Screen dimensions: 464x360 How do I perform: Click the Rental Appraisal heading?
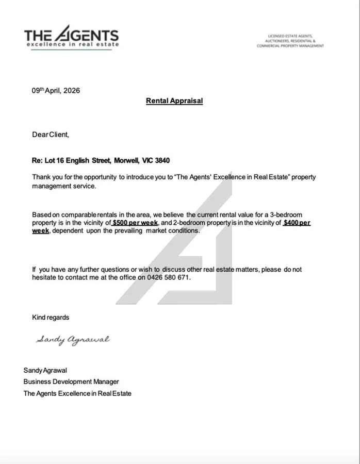tap(174, 101)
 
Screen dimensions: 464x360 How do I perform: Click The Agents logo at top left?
tap(71, 36)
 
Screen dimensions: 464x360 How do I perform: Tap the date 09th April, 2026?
tap(56, 90)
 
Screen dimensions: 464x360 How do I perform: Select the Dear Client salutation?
tap(50, 135)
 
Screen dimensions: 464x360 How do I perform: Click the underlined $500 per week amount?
tap(135, 223)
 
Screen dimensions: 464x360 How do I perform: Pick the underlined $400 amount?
tap(297, 223)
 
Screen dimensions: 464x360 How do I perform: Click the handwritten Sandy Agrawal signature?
tap(73, 340)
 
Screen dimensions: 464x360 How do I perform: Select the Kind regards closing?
tap(51, 317)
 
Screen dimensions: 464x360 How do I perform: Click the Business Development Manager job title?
tap(71, 382)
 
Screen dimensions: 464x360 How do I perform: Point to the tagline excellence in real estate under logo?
tap(72, 44)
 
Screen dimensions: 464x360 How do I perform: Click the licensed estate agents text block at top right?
tap(290, 41)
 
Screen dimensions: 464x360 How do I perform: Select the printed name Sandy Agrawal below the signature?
tap(45, 370)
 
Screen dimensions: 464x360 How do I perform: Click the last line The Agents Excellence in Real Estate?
tap(77, 393)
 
